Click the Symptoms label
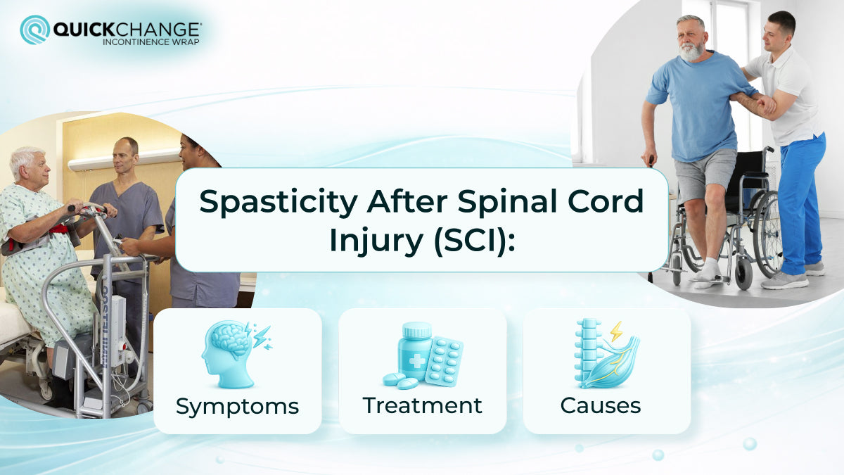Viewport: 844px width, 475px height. pos(237,406)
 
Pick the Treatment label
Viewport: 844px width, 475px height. pos(422,405)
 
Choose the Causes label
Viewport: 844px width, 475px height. pos(600,405)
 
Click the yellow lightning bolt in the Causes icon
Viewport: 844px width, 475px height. pos(616,331)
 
